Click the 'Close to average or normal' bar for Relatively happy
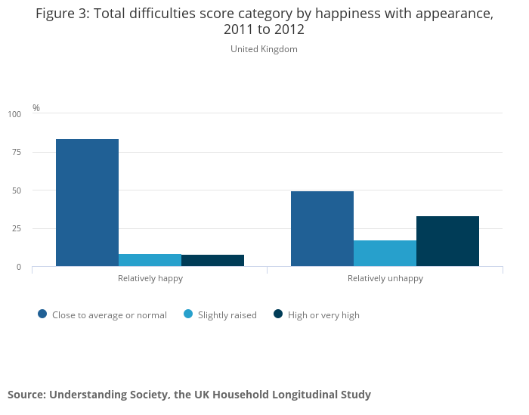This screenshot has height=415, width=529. coord(87,203)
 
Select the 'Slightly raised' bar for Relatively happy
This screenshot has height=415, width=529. coord(150,260)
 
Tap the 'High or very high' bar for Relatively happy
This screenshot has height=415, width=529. coord(212,261)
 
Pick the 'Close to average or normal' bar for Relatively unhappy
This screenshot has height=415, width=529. coord(322,228)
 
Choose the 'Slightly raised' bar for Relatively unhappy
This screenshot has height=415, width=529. coord(385,253)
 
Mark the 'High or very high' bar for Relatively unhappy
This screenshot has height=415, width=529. coord(447,241)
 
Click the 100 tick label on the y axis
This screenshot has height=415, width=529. coord(15,114)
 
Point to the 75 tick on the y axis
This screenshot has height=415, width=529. coord(17,152)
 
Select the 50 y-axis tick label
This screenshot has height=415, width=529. coord(17,190)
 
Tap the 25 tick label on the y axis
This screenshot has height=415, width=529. coord(17,228)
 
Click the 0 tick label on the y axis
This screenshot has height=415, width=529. coord(20,267)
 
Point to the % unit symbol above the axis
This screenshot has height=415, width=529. coord(36,108)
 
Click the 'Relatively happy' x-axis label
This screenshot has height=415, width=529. coord(150,278)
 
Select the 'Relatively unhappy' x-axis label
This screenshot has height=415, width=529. coord(385,278)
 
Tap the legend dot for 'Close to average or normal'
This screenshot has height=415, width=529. coord(42,314)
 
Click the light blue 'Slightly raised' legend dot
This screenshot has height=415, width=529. coord(188,314)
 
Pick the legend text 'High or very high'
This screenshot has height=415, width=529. coord(323,315)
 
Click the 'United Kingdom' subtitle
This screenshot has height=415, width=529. coord(264,49)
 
